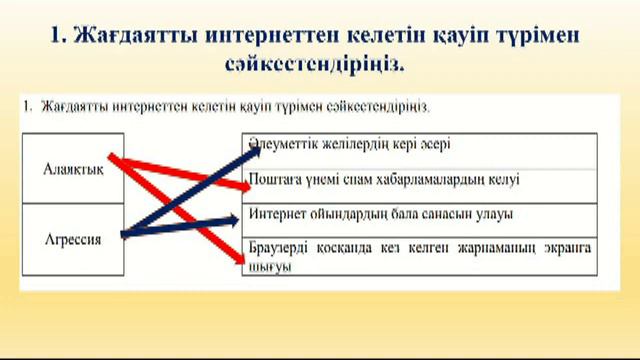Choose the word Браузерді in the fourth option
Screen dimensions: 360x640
pos(278,246)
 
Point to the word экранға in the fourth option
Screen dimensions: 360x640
pos(566,246)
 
